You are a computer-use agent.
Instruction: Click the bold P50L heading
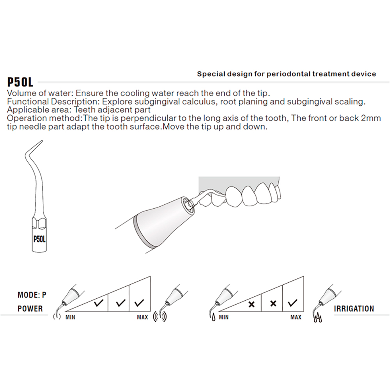[20, 82]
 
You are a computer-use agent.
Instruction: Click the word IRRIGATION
[354, 308]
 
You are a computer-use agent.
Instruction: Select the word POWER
[30, 308]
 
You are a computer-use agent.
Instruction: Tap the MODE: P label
[32, 295]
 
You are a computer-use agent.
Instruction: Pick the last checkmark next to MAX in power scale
[139, 302]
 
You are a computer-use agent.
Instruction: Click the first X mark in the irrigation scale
[252, 304]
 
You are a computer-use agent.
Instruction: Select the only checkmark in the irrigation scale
[293, 302]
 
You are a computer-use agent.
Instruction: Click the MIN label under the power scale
[70, 317]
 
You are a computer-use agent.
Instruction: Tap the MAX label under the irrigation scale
[296, 317]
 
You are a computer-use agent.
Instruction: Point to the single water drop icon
[213, 319]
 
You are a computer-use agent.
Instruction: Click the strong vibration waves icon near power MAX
[160, 317]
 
